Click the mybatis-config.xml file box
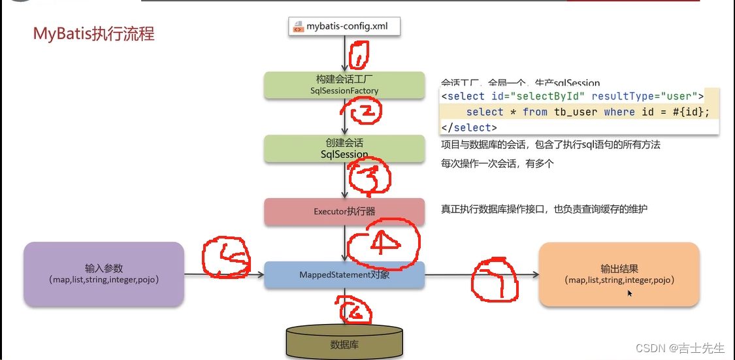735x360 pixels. pyautogui.click(x=344, y=27)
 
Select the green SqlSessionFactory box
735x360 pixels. pyautogui.click(x=344, y=85)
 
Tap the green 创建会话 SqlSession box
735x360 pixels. pyautogui.click(x=344, y=148)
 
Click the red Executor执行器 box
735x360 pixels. pyautogui.click(x=344, y=212)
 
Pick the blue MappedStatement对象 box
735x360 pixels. pyautogui.click(x=344, y=275)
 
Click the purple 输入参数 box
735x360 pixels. pyautogui.click(x=104, y=274)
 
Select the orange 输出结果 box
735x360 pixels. pyautogui.click(x=619, y=274)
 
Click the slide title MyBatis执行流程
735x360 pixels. pyautogui.click(x=94, y=33)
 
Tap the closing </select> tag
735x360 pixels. pyautogui.click(x=469, y=127)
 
